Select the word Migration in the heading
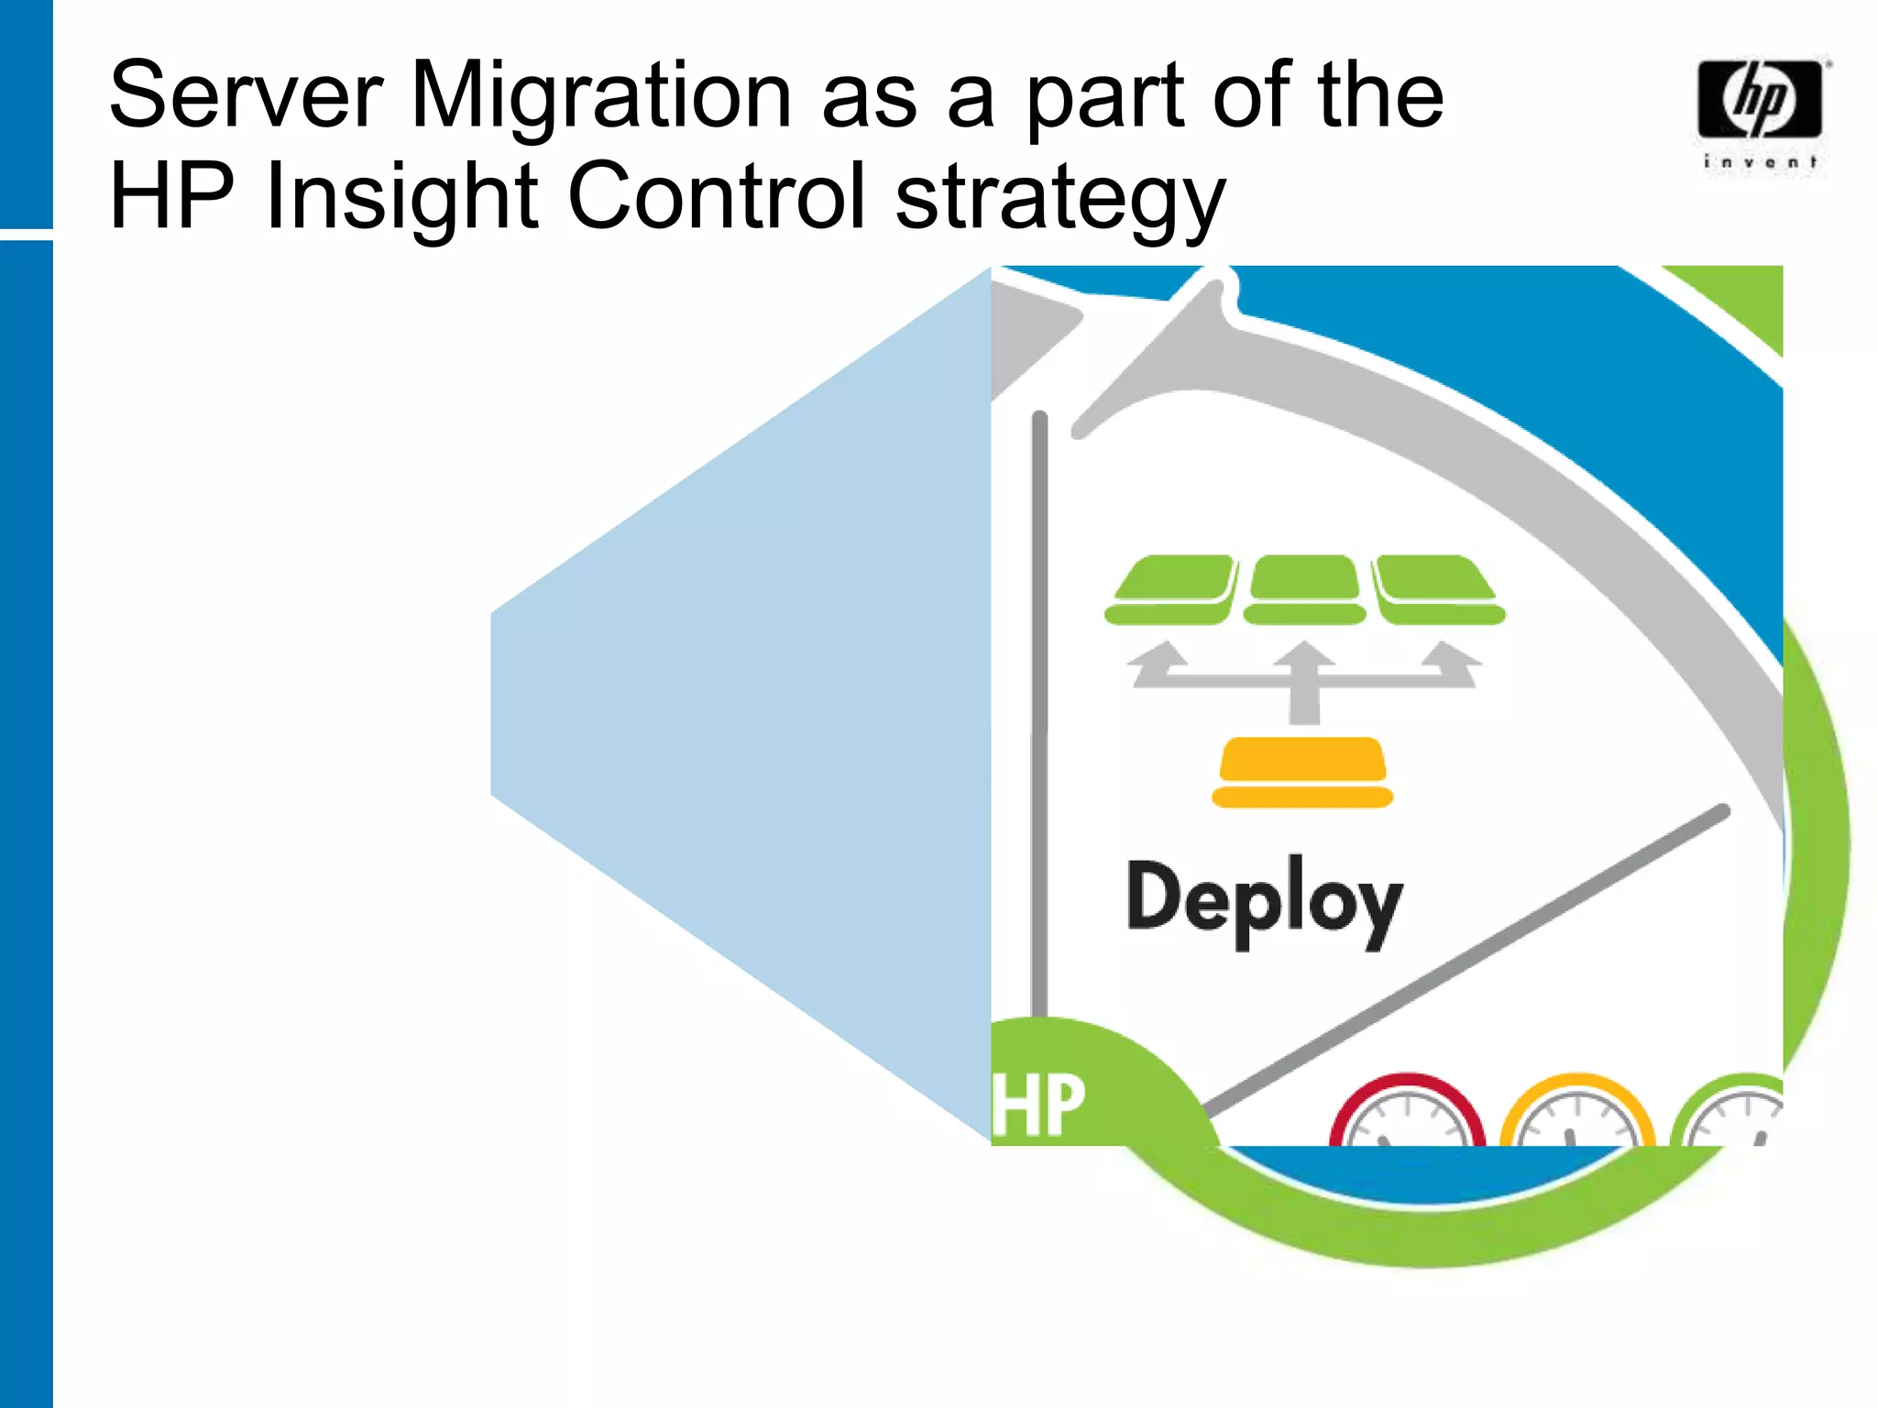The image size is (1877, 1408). click(600, 96)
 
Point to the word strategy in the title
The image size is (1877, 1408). click(1059, 200)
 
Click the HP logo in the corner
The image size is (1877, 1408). click(1759, 99)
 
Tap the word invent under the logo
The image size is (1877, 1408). click(1760, 162)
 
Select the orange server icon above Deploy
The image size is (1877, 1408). click(1302, 772)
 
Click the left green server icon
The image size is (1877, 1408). click(1171, 589)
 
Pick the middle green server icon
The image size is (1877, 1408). click(1304, 589)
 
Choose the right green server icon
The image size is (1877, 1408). click(1438, 589)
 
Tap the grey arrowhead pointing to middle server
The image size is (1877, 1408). click(1304, 656)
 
